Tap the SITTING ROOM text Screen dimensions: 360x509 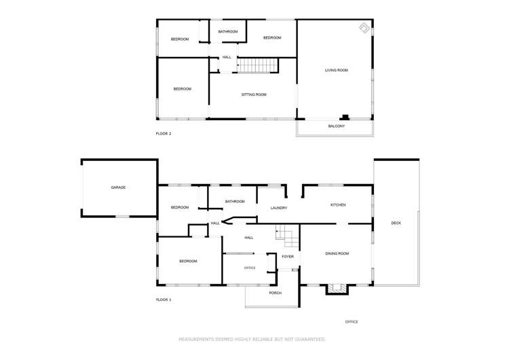pyautogui.click(x=254, y=94)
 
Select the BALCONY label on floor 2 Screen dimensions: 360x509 pyautogui.click(x=337, y=126)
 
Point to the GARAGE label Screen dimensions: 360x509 pyautogui.click(x=119, y=187)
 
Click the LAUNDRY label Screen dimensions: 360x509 pyautogui.click(x=279, y=208)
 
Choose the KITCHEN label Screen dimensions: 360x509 pyautogui.click(x=338, y=204)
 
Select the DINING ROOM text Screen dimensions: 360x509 pyautogui.click(x=337, y=253)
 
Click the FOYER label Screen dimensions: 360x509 pyautogui.click(x=288, y=256)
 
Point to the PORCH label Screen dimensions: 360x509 pyautogui.click(x=275, y=293)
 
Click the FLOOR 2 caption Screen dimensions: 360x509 pyautogui.click(x=164, y=134)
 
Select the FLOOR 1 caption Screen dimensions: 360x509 pyautogui.click(x=164, y=300)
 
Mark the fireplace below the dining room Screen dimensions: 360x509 pyautogui.click(x=336, y=289)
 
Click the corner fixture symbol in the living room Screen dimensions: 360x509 pyautogui.click(x=364, y=28)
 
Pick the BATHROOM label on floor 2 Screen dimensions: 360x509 pyautogui.click(x=227, y=32)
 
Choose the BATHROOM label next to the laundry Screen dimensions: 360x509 pyautogui.click(x=235, y=201)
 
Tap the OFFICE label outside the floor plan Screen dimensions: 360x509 pyautogui.click(x=351, y=322)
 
